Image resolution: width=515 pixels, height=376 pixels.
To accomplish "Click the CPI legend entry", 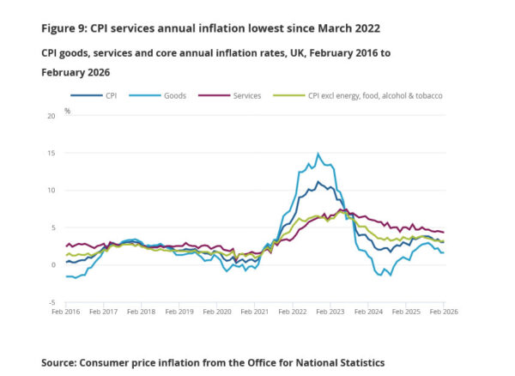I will [110, 95].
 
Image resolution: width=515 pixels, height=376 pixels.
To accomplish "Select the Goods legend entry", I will [175, 95].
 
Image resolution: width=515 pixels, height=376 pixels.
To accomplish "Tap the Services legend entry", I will [246, 95].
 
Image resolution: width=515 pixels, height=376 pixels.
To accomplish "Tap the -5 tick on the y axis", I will [52, 302].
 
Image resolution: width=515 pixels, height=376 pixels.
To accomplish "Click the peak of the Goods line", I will [318, 154].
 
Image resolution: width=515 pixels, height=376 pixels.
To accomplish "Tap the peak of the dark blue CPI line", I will [318, 181].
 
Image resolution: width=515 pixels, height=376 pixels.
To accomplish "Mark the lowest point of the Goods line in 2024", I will [380, 276].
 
